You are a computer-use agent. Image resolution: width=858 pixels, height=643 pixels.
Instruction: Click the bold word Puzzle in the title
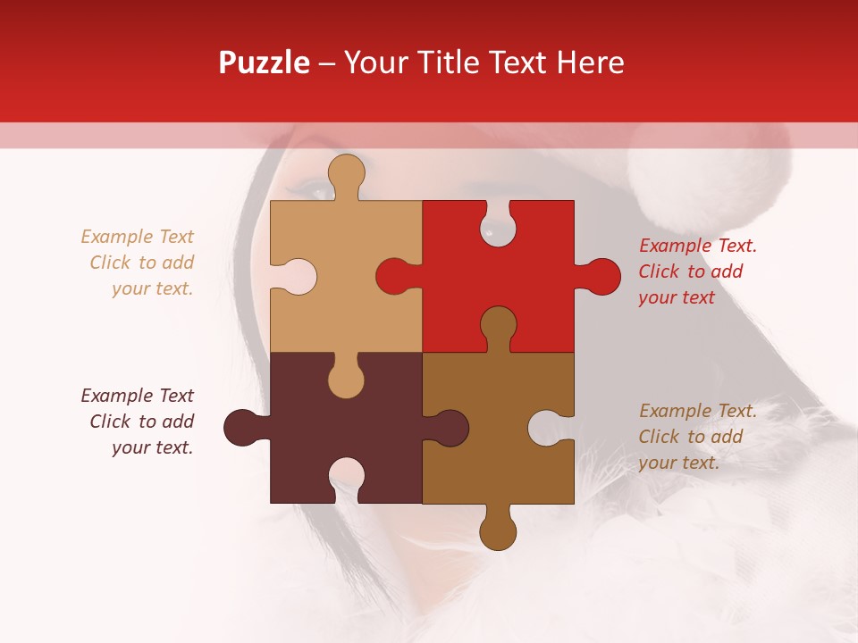265,63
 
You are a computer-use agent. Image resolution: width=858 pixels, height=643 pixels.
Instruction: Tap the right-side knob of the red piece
601,276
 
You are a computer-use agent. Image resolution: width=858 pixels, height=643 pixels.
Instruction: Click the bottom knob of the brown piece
498,531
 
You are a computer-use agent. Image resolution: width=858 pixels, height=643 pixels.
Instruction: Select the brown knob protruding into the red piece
498,326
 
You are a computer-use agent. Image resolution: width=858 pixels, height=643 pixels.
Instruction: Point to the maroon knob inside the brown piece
450,428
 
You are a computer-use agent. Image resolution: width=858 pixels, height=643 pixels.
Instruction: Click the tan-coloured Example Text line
137,237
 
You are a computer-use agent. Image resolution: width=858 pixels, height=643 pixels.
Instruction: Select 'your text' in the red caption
677,297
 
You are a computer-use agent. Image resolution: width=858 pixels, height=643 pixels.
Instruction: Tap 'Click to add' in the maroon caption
141,422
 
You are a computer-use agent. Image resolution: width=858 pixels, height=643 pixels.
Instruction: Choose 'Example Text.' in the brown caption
698,411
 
